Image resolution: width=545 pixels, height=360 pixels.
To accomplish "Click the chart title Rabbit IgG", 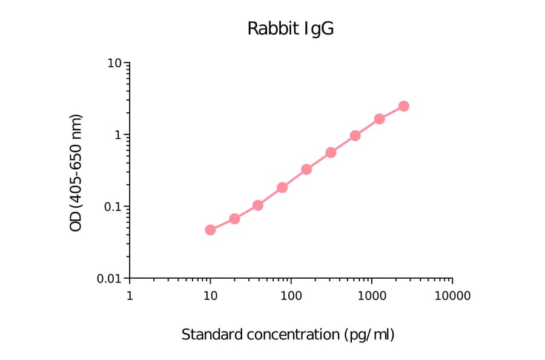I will click(x=290, y=29).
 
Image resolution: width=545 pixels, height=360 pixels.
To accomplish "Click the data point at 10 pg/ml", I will click(x=210, y=230).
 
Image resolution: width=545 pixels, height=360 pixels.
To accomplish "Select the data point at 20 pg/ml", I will click(x=234, y=218).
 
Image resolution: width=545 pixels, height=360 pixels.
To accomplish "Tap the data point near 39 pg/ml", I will click(x=258, y=205).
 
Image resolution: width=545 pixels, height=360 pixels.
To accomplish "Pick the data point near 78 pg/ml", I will click(x=282, y=187).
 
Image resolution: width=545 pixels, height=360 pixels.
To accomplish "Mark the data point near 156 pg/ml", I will click(x=306, y=169).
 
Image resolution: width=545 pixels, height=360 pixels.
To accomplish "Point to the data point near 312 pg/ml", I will click(x=331, y=152).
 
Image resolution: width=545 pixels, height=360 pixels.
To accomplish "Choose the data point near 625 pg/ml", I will click(x=355, y=135).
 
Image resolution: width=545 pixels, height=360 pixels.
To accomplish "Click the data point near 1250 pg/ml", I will click(x=380, y=119).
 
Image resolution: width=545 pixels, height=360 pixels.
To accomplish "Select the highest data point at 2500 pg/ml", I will click(x=404, y=106).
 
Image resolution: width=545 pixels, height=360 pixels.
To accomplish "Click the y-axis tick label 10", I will click(x=115, y=63).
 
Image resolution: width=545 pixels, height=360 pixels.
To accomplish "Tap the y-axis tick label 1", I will click(x=119, y=135).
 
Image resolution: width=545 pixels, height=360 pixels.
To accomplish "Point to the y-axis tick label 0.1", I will click(x=112, y=207).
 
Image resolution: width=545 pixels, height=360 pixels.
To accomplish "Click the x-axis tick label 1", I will click(x=130, y=296).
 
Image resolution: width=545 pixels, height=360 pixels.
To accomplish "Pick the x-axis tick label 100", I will click(x=291, y=296).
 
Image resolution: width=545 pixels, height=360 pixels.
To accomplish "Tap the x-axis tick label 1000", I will click(x=371, y=296).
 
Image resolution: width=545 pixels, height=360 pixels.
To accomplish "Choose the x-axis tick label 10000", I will click(x=452, y=296).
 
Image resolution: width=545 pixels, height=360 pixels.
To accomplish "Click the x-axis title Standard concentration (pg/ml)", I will click(x=288, y=335).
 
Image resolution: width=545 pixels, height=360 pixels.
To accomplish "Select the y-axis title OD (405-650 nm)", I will click(x=76, y=173).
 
